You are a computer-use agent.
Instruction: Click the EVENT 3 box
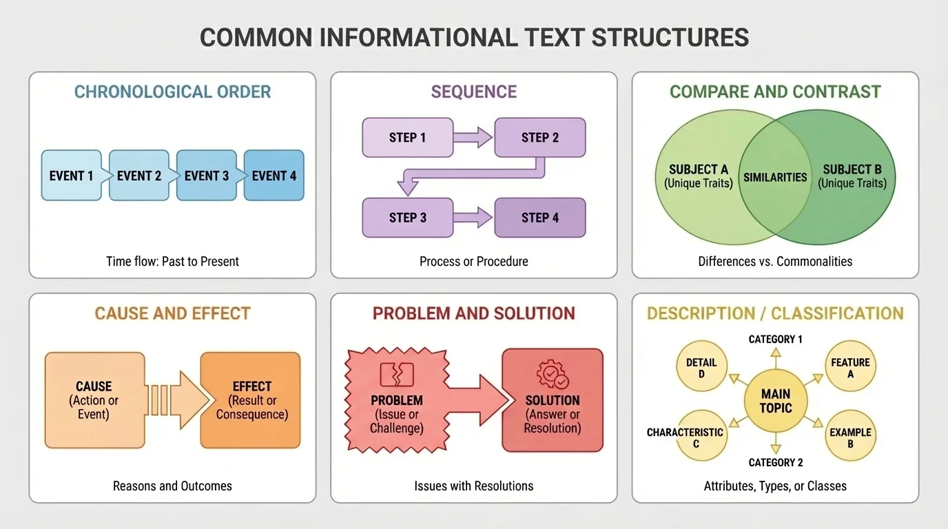click(207, 176)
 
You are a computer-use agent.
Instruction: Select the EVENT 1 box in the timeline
click(71, 176)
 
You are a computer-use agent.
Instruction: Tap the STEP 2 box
click(540, 138)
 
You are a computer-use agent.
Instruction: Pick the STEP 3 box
click(408, 218)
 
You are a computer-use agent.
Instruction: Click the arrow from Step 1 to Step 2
click(473, 138)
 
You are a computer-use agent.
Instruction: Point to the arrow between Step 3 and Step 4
click(473, 218)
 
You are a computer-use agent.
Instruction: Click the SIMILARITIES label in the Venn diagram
click(775, 177)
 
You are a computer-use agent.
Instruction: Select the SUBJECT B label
click(852, 169)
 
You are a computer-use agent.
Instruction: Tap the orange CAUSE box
click(94, 400)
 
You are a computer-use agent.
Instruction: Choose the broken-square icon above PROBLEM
click(397, 375)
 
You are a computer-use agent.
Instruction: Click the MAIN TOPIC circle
click(776, 401)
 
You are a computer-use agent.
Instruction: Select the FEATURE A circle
click(850, 368)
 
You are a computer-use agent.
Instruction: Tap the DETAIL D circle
click(701, 368)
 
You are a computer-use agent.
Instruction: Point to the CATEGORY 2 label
click(776, 462)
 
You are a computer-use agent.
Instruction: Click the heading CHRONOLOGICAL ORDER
click(172, 92)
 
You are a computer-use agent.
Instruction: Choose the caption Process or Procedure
click(474, 262)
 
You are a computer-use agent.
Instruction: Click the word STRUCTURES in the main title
click(670, 37)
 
